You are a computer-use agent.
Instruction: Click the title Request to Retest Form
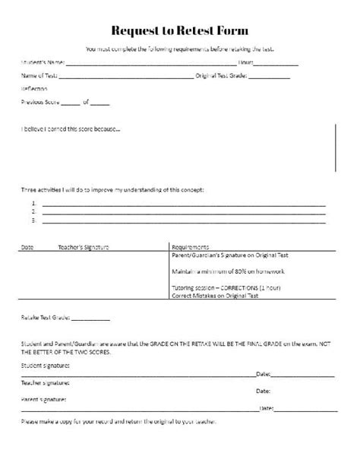point(180,30)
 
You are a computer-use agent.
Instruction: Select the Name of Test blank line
point(125,78)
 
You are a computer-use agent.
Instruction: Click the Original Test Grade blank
point(269,78)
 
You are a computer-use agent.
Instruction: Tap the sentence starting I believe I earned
point(70,128)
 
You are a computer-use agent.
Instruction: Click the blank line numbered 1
point(182,205)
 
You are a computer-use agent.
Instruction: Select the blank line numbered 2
point(182,214)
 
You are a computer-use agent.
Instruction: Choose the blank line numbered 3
point(182,222)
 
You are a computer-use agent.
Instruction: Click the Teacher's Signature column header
point(84,247)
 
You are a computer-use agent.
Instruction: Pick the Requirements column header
point(191,247)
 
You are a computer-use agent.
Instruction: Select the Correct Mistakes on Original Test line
point(216,296)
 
